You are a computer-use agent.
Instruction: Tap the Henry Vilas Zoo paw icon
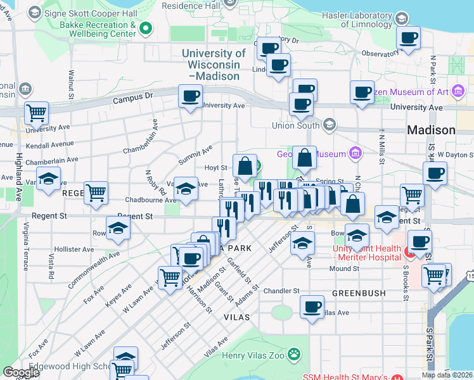click(294, 353)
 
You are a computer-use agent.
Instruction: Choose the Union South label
click(293, 125)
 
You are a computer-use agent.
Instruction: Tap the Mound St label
click(344, 269)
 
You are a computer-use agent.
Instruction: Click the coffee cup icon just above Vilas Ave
click(312, 307)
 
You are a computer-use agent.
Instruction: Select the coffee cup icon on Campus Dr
click(191, 97)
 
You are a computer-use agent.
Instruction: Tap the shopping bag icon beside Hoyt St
click(245, 167)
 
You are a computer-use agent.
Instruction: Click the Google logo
click(21, 372)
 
